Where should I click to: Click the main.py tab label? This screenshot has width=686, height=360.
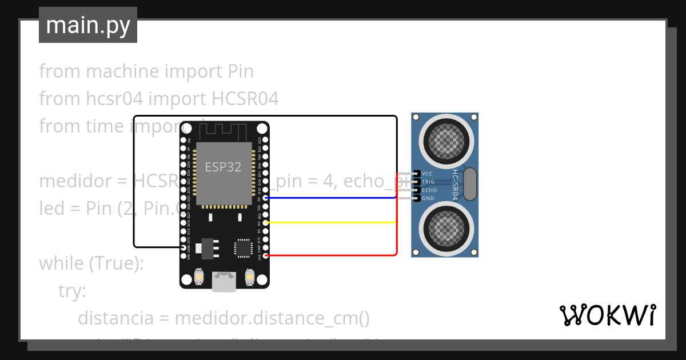[x=87, y=25]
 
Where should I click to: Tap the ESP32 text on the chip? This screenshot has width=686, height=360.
[x=223, y=167]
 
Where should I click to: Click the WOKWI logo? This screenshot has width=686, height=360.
[x=607, y=315]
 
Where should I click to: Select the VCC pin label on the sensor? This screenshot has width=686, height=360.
[x=428, y=173]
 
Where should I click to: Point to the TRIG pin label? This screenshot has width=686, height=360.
[x=428, y=182]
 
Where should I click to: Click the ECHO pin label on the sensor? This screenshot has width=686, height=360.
[x=429, y=190]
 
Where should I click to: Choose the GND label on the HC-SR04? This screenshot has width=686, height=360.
[x=428, y=198]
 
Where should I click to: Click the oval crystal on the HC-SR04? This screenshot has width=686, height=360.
[x=470, y=184]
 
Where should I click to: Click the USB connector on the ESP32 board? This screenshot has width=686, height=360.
[x=224, y=281]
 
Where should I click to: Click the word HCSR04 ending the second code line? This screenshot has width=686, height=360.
[x=245, y=99]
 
